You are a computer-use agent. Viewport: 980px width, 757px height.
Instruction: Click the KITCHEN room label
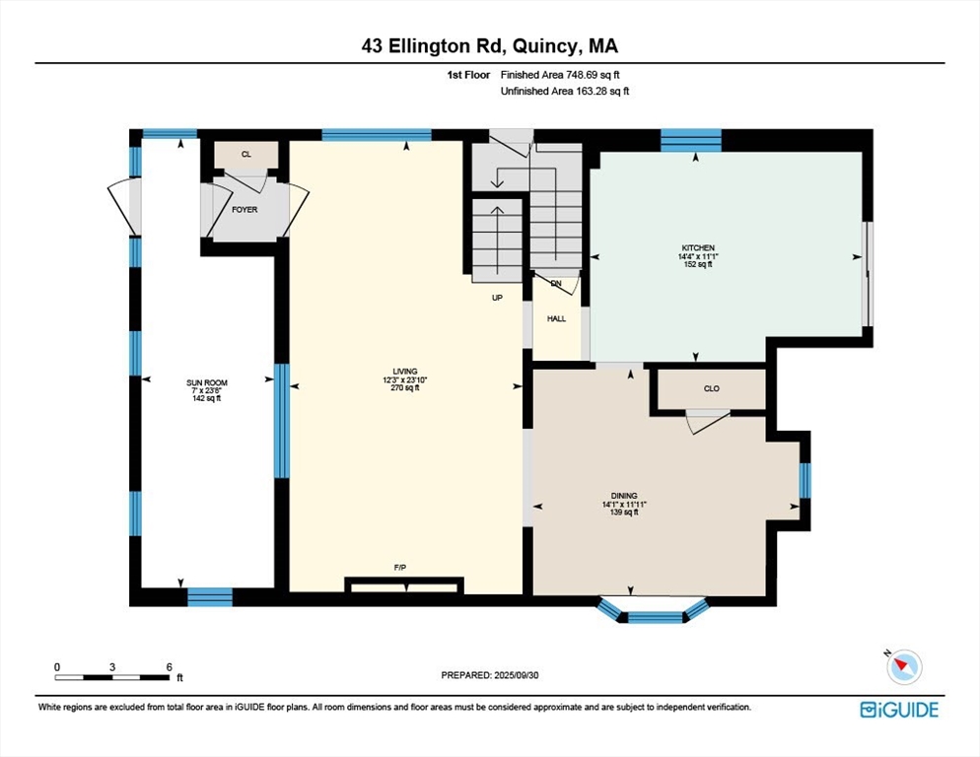(698, 248)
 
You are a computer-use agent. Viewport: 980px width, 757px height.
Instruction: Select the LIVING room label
(405, 372)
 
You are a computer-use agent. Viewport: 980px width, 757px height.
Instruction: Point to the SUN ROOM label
(207, 382)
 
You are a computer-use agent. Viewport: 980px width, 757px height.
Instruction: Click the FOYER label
(245, 210)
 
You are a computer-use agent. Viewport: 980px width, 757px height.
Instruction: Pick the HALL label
(556, 318)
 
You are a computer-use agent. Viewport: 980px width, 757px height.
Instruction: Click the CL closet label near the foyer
(246, 155)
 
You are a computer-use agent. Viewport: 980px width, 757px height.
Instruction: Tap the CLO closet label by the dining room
(711, 388)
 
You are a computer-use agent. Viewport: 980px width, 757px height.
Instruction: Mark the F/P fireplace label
(400, 568)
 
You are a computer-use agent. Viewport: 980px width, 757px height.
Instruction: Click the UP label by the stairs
(497, 299)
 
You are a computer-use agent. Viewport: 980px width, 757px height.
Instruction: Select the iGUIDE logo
(899, 710)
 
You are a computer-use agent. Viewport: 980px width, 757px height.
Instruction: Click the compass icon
(904, 666)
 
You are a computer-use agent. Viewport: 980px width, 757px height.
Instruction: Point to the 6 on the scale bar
(169, 667)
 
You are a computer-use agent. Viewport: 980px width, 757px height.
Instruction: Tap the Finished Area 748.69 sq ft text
(560, 75)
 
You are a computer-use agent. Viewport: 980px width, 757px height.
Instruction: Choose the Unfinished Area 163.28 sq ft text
(564, 92)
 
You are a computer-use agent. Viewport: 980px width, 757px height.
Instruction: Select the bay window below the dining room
(654, 611)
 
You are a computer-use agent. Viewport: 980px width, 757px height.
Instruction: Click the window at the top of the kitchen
(690, 141)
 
